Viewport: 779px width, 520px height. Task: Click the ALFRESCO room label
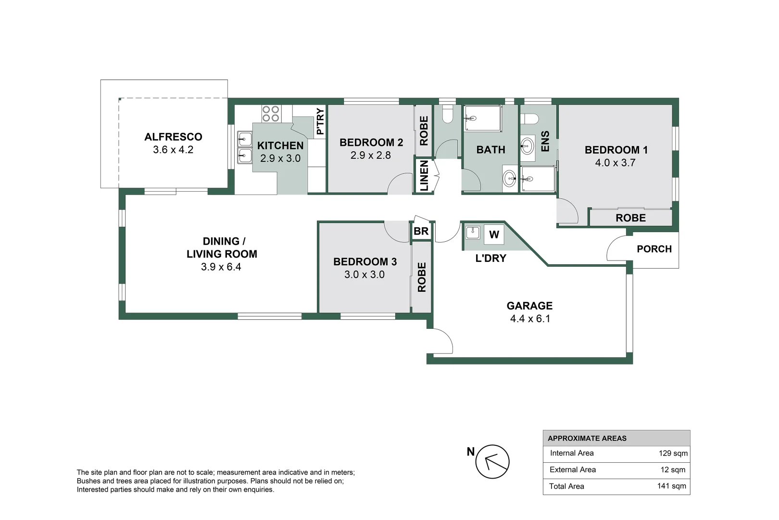[173, 137]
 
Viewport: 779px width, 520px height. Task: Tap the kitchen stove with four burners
[271, 114]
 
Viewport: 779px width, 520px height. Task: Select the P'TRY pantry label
[320, 121]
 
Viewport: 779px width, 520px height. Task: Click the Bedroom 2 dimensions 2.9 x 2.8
[370, 156]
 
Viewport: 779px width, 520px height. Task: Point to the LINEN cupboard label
[424, 176]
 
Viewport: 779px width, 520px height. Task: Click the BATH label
[490, 150]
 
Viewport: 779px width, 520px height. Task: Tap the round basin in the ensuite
[528, 145]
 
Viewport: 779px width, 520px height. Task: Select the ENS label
[545, 142]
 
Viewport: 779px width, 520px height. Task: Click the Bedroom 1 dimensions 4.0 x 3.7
[615, 163]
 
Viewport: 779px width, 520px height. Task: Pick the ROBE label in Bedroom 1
[630, 218]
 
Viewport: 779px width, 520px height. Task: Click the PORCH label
[654, 249]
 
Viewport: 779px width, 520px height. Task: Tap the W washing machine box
[494, 235]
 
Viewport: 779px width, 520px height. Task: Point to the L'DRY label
[490, 259]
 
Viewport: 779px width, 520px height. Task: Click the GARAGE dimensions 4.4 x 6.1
[530, 319]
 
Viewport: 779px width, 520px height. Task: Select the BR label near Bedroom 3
[421, 232]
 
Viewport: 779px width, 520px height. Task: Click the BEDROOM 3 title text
[365, 262]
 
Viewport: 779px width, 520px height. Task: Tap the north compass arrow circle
[492, 462]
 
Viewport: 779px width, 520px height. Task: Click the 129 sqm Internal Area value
[673, 454]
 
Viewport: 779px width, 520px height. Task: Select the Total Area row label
[566, 486]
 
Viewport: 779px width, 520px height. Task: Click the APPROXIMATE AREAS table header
[587, 439]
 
